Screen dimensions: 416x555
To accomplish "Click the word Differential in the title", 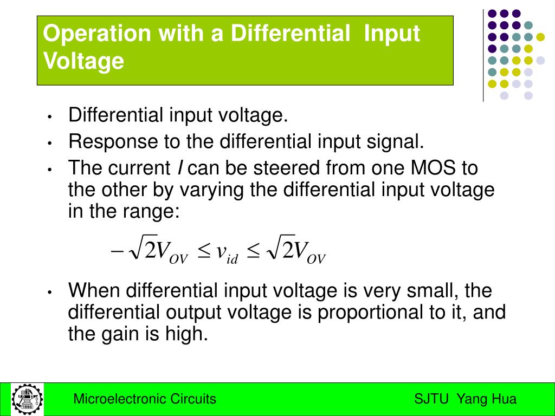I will click(x=289, y=34).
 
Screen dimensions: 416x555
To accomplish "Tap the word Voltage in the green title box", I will click(x=83, y=61).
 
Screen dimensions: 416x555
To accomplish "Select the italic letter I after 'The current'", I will click(x=180, y=168).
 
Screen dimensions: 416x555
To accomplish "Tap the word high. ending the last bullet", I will click(x=186, y=334).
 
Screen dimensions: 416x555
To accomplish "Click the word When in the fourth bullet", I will click(x=94, y=291).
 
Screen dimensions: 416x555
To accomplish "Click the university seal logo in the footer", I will click(x=27, y=399).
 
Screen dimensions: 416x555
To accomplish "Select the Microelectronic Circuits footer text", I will click(x=145, y=399).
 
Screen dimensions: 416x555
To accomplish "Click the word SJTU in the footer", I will click(x=431, y=399).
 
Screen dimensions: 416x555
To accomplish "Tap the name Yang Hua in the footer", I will click(x=487, y=399).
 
